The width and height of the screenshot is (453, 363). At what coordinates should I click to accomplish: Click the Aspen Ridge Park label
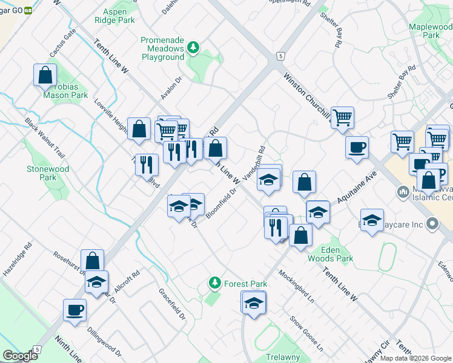(114, 16)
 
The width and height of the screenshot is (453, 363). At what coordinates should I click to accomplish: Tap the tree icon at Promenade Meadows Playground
(194, 47)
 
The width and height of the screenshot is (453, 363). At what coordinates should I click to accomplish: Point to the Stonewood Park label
(48, 173)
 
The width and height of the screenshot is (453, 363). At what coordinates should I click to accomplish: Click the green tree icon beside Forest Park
(214, 283)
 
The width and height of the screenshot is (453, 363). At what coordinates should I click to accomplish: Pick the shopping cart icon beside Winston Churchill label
(342, 116)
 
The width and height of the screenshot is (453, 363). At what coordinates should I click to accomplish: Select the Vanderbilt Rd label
(254, 164)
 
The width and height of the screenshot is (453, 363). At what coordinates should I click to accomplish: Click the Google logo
(19, 356)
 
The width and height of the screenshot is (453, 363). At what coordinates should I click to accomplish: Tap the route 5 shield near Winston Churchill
(280, 56)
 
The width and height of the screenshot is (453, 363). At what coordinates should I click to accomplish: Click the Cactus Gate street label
(63, 43)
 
